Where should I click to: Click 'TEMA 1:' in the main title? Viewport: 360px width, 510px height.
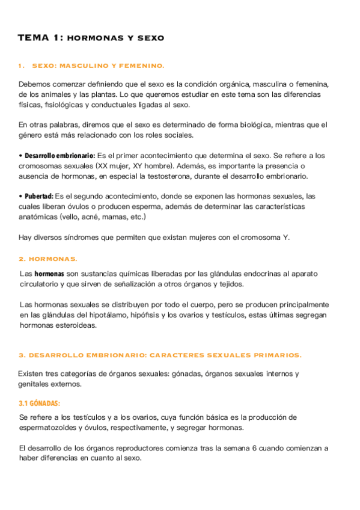pos(39,38)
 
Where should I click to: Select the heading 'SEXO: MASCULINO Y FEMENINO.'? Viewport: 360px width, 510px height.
pos(97,66)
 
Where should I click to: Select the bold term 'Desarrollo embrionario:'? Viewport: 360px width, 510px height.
pos(59,156)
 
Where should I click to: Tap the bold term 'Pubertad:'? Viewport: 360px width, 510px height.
pos(39,197)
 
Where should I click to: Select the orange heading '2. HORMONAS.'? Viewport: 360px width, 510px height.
pos(48,259)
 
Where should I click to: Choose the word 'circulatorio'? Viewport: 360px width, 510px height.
pos(39,284)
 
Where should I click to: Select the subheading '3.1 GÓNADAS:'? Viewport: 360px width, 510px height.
pos(40,403)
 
